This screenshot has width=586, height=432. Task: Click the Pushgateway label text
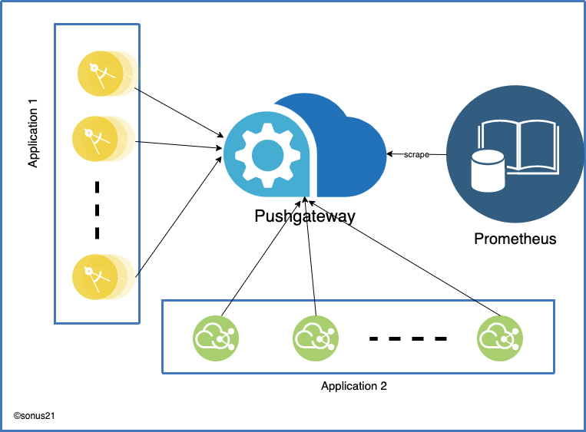(x=305, y=216)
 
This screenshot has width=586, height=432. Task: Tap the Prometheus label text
(x=515, y=239)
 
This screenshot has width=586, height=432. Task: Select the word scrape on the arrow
(x=416, y=155)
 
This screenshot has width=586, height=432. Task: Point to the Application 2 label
(x=353, y=386)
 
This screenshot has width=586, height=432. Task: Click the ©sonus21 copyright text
(x=34, y=415)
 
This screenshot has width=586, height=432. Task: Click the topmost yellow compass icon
(x=100, y=73)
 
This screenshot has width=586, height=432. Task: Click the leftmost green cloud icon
(x=216, y=337)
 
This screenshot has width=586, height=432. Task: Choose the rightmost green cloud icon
(x=500, y=337)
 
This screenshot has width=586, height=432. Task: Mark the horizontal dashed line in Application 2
(x=408, y=338)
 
